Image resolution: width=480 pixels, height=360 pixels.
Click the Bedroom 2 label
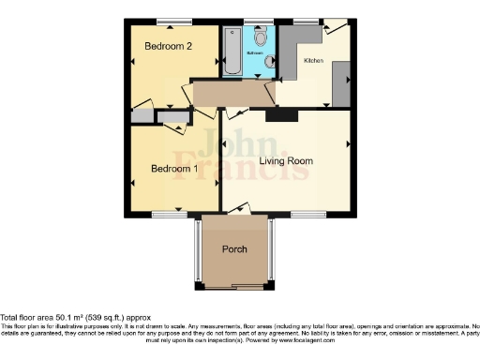168,46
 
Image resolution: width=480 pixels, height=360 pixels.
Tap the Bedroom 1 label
175,169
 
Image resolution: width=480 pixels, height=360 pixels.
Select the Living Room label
286,160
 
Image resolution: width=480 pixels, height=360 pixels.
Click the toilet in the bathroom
262,37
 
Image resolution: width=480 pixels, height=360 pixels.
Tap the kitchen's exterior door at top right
334,27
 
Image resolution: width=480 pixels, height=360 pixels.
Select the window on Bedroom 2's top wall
169,22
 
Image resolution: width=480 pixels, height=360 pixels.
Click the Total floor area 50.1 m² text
75,318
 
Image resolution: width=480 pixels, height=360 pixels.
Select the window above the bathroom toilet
262,22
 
